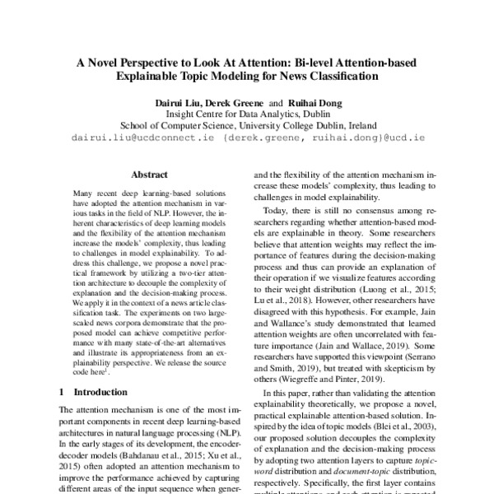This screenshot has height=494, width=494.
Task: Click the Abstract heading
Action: (149, 175)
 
